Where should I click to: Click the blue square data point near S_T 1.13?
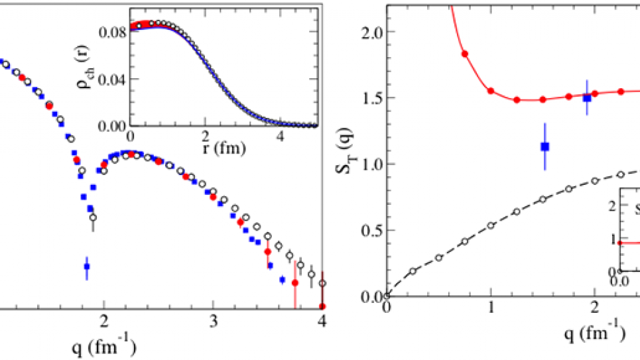[544, 147]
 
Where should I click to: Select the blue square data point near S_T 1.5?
[587, 97]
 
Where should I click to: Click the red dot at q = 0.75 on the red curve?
[465, 54]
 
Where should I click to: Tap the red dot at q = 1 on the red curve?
[491, 91]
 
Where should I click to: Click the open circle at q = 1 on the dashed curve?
[491, 225]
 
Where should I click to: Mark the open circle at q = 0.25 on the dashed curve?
[413, 270]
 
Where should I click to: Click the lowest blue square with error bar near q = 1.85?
[86, 267]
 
